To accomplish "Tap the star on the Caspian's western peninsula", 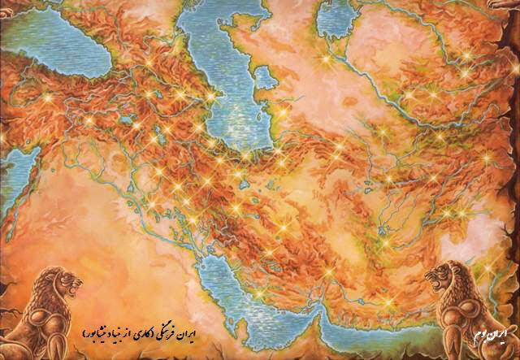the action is (x=214, y=95).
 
